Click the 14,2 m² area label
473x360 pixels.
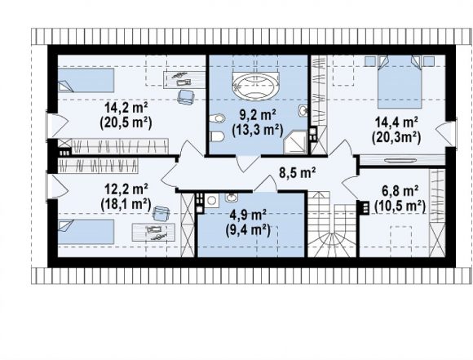(x=126, y=108)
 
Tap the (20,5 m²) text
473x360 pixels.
(x=126, y=123)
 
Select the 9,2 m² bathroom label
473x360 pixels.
(x=258, y=115)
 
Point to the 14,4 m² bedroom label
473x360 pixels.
(x=396, y=123)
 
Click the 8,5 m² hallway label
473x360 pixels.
(x=297, y=173)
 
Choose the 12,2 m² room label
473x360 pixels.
(x=126, y=189)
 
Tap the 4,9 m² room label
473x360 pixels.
(x=247, y=216)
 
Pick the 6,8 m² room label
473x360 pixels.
(x=400, y=191)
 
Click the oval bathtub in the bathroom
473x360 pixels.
(x=255, y=86)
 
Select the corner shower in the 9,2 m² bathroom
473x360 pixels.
(x=295, y=142)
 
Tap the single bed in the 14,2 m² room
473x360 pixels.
(x=86, y=80)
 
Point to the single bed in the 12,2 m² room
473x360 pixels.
(x=86, y=232)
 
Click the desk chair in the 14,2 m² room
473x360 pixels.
(x=185, y=97)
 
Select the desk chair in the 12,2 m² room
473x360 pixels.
(x=161, y=214)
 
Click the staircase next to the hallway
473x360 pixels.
(x=332, y=224)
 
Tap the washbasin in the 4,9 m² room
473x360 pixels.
(x=232, y=198)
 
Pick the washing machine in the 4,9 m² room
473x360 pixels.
(x=211, y=201)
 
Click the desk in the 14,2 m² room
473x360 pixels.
(x=184, y=80)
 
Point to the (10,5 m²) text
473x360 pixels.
(x=400, y=207)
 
